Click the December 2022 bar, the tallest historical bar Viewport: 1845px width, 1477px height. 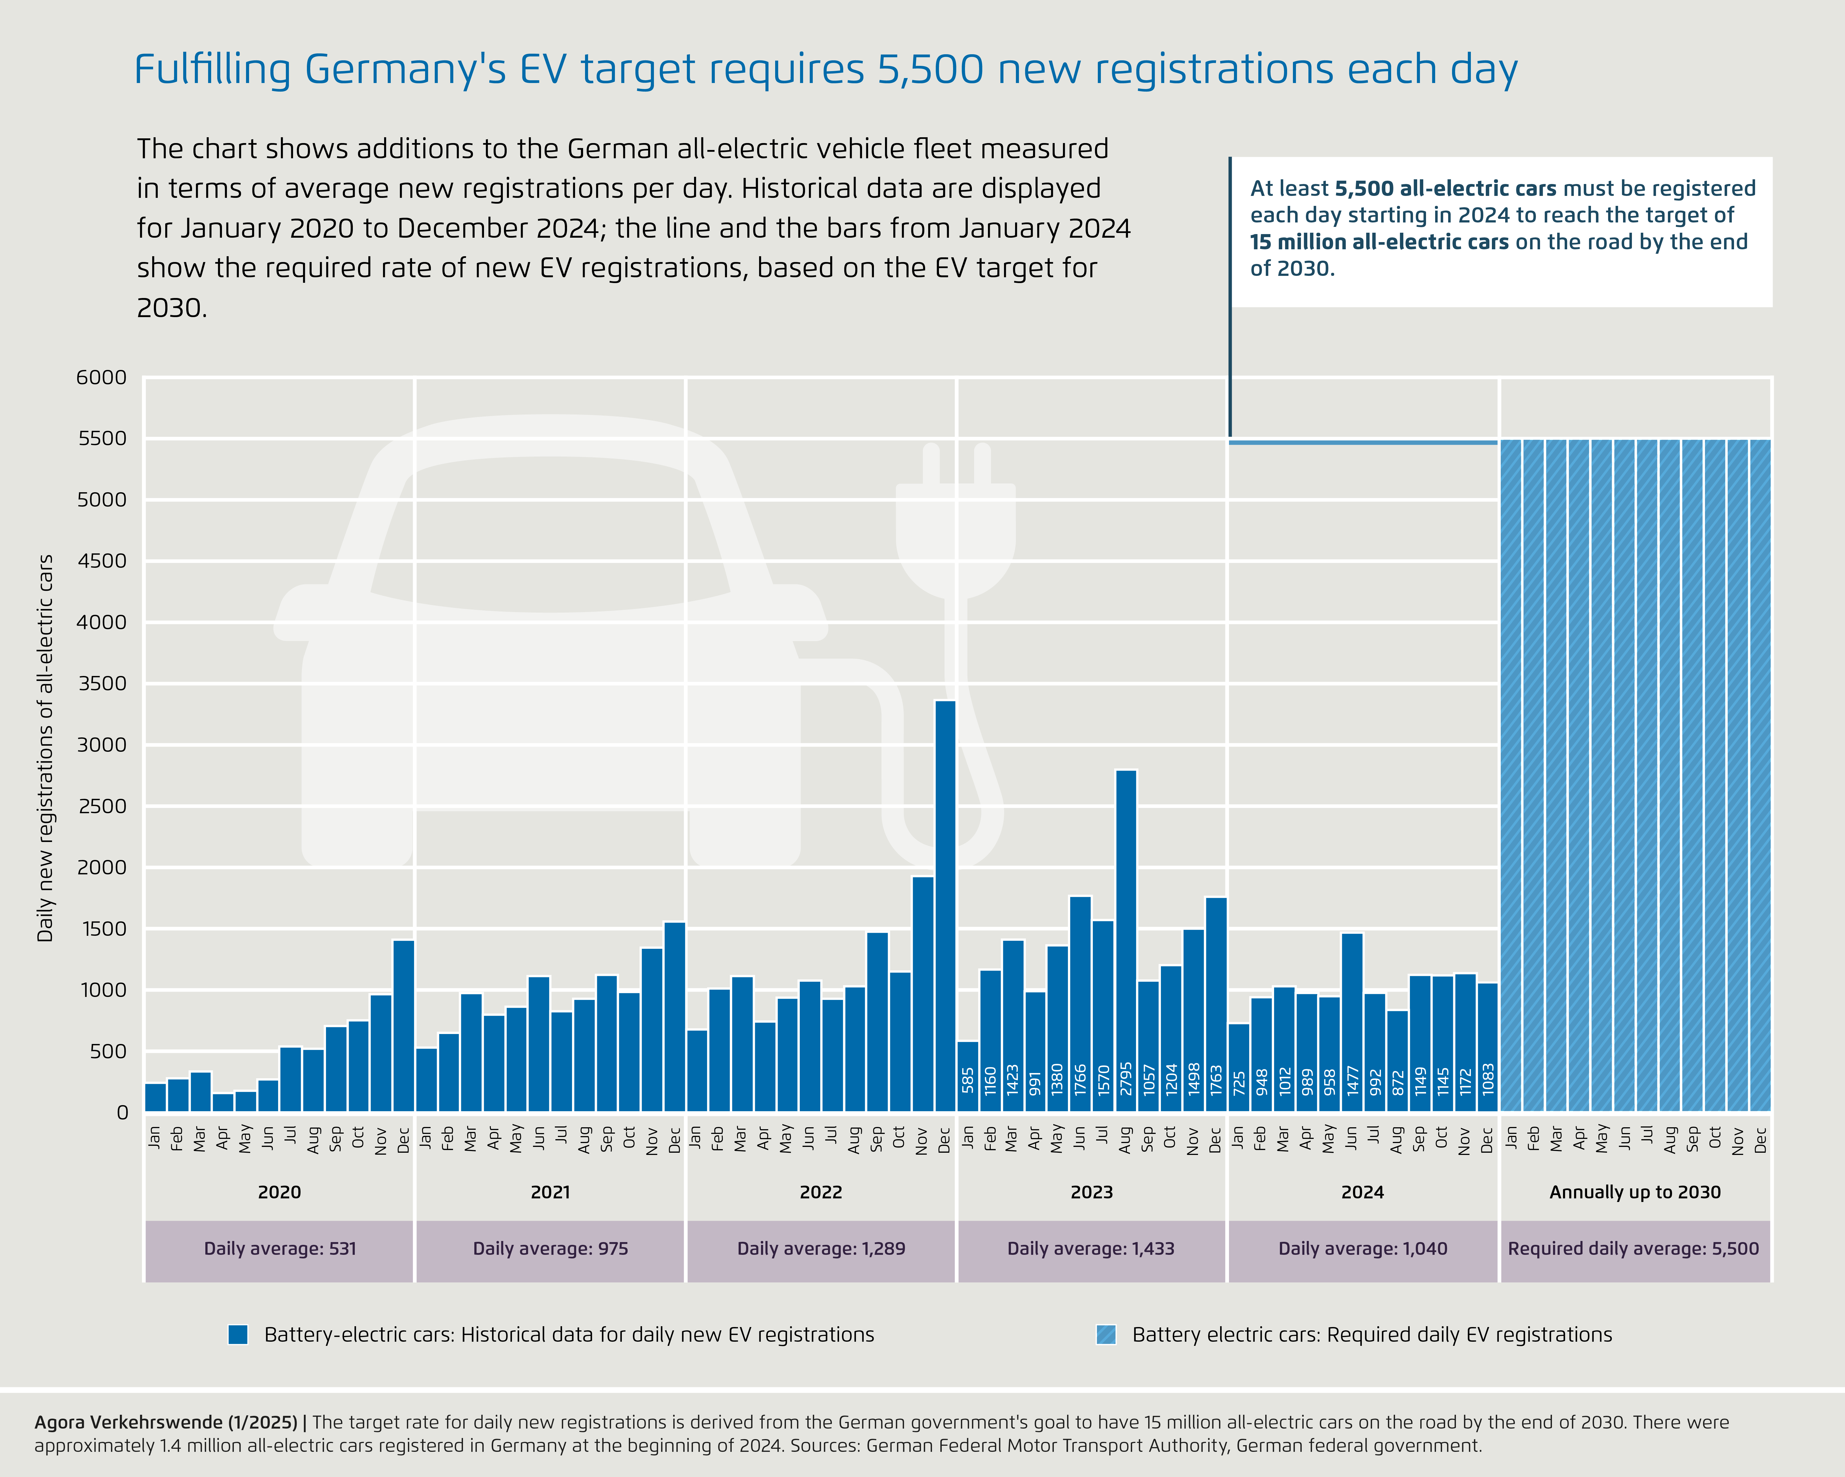click(x=945, y=907)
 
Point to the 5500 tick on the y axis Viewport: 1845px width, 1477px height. click(x=102, y=438)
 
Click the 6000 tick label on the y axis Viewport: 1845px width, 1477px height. click(x=102, y=377)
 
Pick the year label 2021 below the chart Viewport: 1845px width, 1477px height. click(x=550, y=1192)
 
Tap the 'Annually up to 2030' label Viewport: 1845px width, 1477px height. click(x=1634, y=1192)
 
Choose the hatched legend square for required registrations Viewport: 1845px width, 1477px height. click(x=1106, y=1335)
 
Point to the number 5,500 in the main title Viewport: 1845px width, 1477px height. click(x=930, y=70)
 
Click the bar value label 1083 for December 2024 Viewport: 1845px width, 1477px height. click(x=1488, y=1080)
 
